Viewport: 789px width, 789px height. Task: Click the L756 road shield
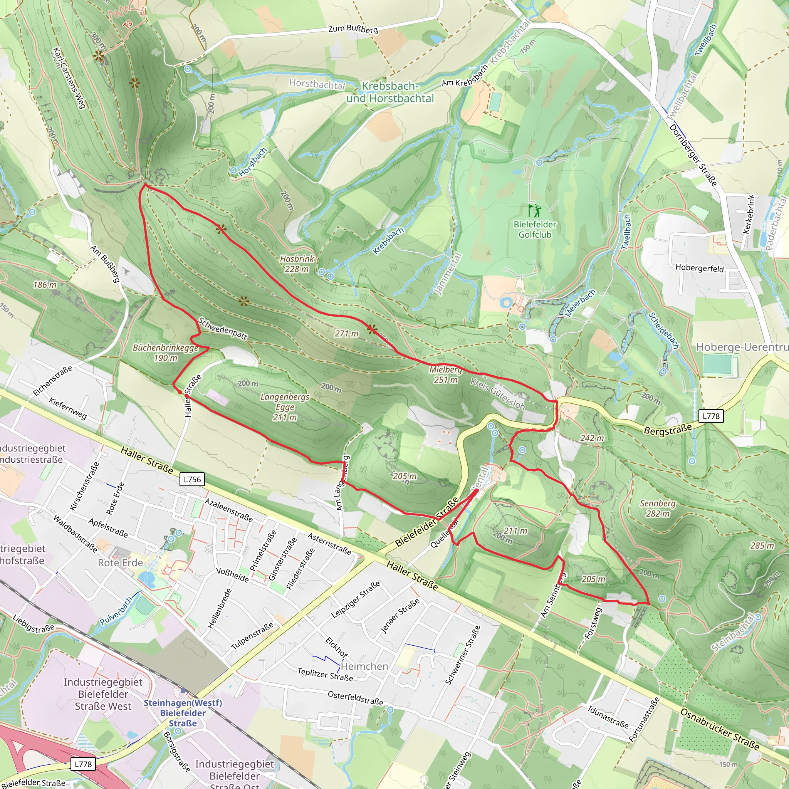tap(192, 479)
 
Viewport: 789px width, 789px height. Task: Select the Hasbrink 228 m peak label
tap(297, 264)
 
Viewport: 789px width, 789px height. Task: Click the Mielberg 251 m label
tap(446, 374)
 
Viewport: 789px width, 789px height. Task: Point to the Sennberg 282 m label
tap(658, 509)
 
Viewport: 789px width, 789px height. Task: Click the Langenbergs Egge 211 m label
tap(285, 407)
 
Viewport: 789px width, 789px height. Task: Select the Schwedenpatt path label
tap(223, 329)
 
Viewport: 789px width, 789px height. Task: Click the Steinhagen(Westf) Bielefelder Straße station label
tap(183, 713)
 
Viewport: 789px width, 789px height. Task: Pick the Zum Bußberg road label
tap(353, 29)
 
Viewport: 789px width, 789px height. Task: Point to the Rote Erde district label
tap(120, 563)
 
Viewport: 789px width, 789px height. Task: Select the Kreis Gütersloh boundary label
tap(497, 394)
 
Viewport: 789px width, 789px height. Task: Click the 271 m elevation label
tap(346, 334)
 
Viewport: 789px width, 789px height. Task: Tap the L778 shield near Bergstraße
tap(711, 416)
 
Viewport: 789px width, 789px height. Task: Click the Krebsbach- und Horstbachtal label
tap(390, 92)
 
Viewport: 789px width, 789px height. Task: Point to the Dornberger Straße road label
tap(693, 155)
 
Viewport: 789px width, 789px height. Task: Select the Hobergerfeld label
tap(699, 268)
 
